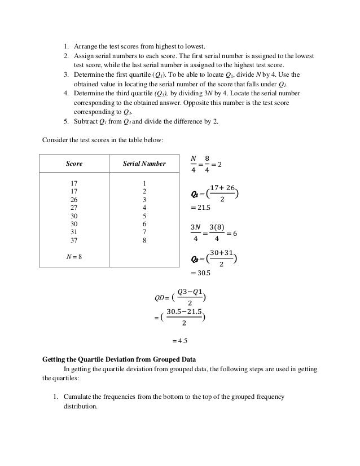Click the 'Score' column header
coord(74,164)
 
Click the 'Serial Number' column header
coord(144,164)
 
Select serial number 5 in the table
coord(144,216)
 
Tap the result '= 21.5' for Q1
coord(202,209)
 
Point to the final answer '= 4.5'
coord(179,341)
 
